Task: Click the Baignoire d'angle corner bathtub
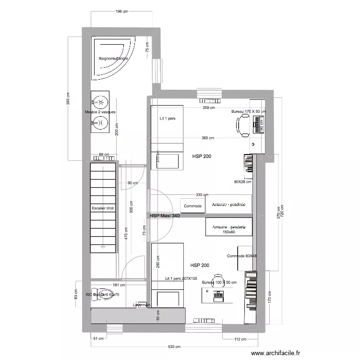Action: [x=113, y=58]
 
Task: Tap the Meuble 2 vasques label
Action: [x=100, y=112]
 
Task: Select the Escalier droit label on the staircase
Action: [x=103, y=209]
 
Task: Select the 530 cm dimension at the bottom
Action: [x=174, y=347]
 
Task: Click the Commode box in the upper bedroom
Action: [x=193, y=205]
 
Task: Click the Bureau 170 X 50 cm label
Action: [x=248, y=111]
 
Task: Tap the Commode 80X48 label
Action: [x=242, y=256]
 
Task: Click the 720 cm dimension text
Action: [x=283, y=212]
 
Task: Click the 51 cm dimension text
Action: [x=98, y=339]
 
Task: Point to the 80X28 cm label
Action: [x=243, y=182]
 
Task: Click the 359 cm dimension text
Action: [x=208, y=108]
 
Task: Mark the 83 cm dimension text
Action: [x=76, y=294]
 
